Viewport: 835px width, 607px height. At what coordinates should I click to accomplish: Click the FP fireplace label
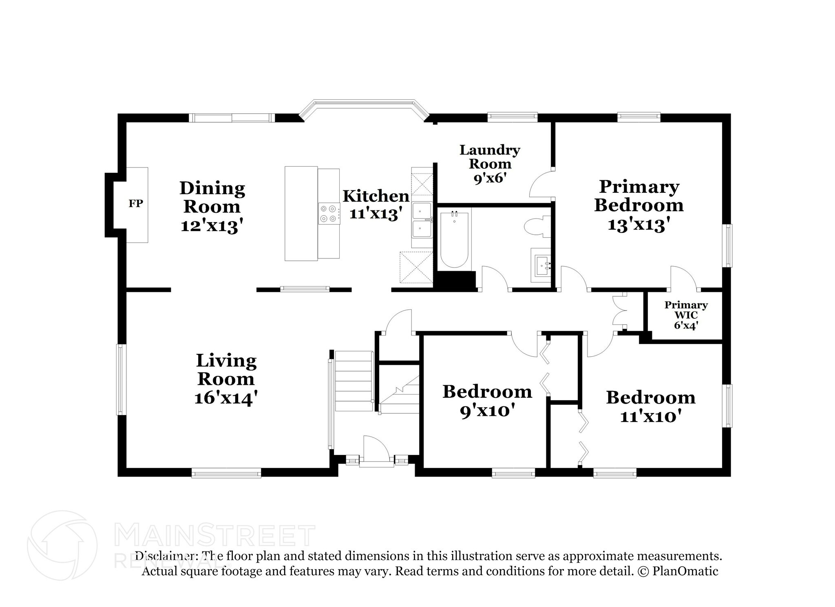point(136,203)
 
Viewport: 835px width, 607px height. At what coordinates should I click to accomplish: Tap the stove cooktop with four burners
point(329,213)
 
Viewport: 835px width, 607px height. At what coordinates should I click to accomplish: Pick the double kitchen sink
point(422,221)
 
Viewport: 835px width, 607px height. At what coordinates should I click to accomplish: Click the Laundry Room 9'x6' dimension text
point(490,179)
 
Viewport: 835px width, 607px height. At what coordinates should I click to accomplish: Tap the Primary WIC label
point(686,310)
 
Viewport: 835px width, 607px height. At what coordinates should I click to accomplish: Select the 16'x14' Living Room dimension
point(226,398)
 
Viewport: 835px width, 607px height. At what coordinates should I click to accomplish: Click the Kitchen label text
point(376,196)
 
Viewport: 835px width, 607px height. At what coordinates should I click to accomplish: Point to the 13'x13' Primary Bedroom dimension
point(639,224)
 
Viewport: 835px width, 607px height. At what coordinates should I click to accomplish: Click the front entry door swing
point(376,448)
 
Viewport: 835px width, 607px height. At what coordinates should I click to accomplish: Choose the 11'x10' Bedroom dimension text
point(651,417)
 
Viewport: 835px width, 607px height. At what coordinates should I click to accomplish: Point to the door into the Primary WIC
point(683,278)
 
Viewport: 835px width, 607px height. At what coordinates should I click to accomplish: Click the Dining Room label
point(212,197)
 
